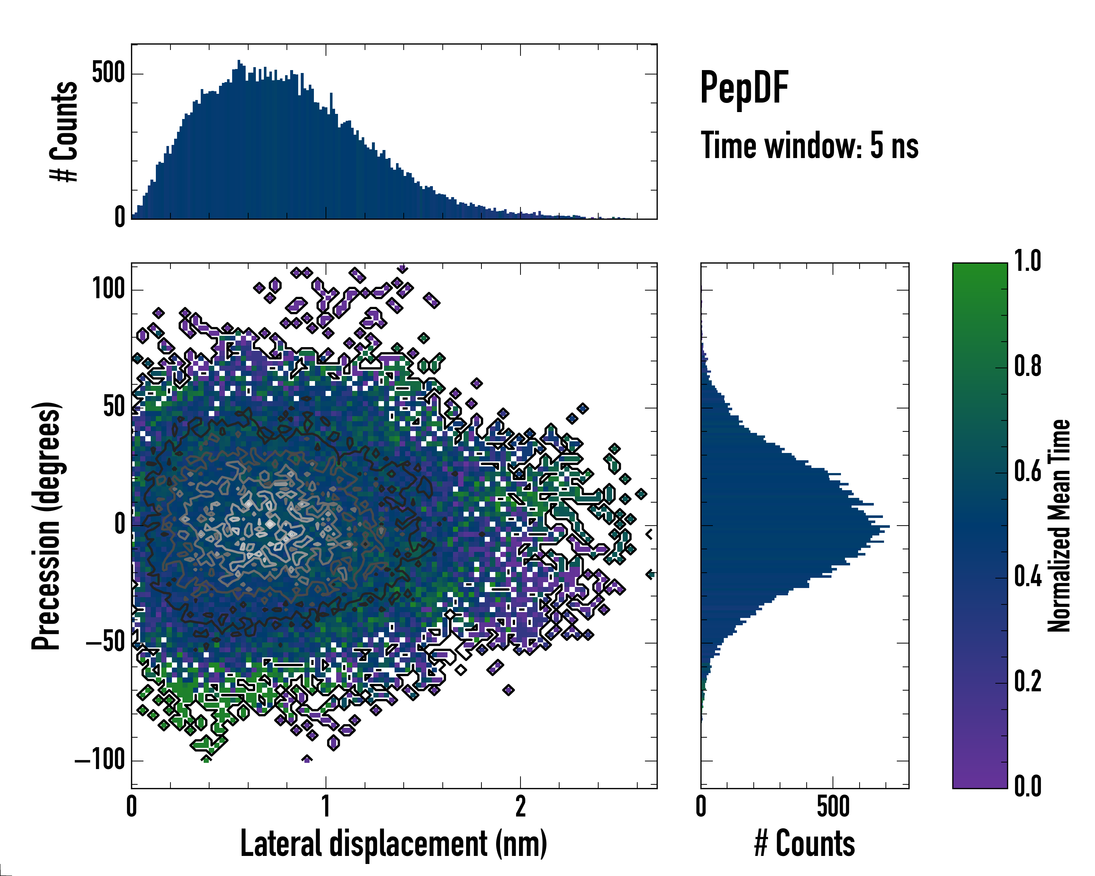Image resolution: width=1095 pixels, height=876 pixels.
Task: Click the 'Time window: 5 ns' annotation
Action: click(809, 146)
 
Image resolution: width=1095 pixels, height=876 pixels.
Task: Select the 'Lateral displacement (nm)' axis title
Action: click(393, 844)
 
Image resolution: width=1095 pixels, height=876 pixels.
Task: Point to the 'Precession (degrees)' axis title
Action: click(47, 526)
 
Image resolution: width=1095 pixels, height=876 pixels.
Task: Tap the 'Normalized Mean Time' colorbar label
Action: click(1059, 526)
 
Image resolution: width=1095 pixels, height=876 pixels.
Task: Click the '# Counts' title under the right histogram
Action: click(804, 844)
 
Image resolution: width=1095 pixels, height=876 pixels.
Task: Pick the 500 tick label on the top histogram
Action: click(108, 73)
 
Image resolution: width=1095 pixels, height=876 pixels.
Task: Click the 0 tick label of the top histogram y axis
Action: click(119, 217)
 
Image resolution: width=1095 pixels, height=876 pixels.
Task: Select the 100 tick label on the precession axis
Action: click(108, 289)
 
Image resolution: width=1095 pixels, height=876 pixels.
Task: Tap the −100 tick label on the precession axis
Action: click(100, 760)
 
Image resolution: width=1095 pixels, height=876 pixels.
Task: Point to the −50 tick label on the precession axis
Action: click(105, 643)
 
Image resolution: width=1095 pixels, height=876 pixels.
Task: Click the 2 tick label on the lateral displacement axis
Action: click(520, 806)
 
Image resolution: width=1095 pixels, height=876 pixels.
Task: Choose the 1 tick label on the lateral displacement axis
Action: click(326, 806)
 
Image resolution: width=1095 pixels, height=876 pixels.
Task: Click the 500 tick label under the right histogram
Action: click(833, 806)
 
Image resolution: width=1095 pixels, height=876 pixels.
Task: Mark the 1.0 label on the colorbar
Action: click(1027, 262)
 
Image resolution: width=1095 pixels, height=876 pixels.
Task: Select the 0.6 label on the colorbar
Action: click(1027, 472)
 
